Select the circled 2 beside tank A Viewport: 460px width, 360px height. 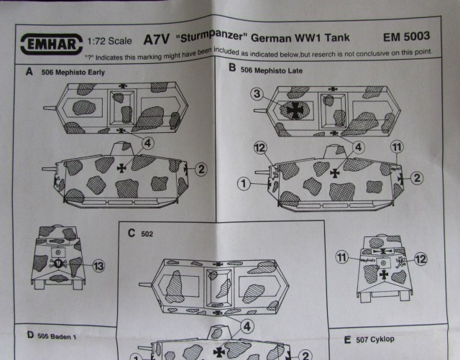201,170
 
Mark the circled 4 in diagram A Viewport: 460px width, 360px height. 147,142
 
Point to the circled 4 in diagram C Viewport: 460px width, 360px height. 247,326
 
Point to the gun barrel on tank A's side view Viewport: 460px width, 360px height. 50,170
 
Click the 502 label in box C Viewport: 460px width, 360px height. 147,234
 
